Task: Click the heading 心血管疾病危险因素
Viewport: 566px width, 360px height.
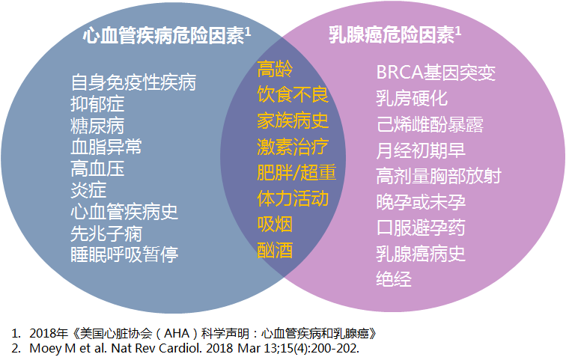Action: click(162, 36)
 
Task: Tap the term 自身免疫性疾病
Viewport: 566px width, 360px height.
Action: click(133, 82)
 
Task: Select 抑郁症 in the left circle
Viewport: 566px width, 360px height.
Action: click(97, 103)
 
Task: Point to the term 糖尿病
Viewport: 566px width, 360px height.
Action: click(97, 124)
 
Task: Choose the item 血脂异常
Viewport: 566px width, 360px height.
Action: click(106, 146)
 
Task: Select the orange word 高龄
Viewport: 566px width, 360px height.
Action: click(275, 70)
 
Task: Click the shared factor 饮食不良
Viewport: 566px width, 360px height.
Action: click(293, 95)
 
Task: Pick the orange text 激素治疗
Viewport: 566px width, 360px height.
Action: click(293, 147)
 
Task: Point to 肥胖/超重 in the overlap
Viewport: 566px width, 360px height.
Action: click(296, 173)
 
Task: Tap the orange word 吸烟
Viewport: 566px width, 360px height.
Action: click(275, 224)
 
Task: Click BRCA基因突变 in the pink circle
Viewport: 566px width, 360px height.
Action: click(436, 73)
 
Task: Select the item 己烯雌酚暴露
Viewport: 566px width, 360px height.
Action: click(430, 125)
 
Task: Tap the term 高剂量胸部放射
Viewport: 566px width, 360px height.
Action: click(439, 177)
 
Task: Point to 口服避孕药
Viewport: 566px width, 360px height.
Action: click(421, 228)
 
